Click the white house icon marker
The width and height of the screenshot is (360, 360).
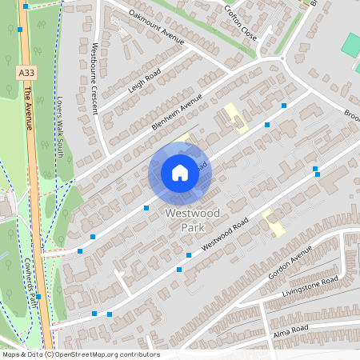(x=179, y=173)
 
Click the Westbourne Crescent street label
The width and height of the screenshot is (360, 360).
(x=95, y=78)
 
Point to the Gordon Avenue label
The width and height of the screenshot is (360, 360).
(x=290, y=262)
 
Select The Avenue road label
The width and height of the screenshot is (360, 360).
(x=27, y=108)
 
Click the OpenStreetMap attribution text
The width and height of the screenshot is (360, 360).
(x=80, y=354)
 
